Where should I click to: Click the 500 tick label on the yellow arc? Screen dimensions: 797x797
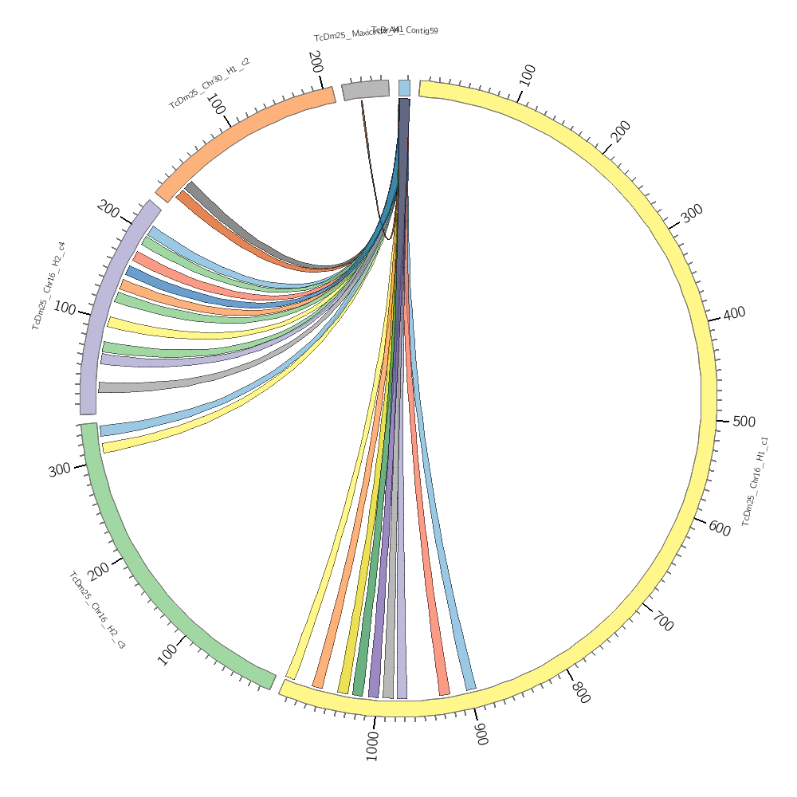point(744,422)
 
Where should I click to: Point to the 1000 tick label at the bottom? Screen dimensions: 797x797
point(372,745)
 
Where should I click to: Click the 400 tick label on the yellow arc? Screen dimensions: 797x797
point(734,313)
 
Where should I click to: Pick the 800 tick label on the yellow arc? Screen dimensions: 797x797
point(580,692)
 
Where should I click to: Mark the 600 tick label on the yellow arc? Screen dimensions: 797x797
point(720,528)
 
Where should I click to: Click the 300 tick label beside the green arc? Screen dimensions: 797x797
point(60,470)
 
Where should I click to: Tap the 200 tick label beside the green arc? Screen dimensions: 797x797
point(99,571)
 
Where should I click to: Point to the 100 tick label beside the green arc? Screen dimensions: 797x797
point(168,654)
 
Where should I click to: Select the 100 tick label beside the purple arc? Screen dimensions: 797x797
point(65,308)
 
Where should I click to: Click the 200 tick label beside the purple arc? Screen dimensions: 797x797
point(108,210)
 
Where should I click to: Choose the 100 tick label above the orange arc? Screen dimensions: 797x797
point(216,104)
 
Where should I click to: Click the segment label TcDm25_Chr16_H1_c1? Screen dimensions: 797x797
point(755,481)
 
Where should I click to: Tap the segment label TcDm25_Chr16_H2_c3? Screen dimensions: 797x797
point(96,609)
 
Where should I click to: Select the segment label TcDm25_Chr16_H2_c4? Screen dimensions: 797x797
point(49,286)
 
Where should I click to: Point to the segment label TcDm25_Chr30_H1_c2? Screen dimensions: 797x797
point(210,83)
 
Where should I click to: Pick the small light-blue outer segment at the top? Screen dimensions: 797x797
point(404,88)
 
